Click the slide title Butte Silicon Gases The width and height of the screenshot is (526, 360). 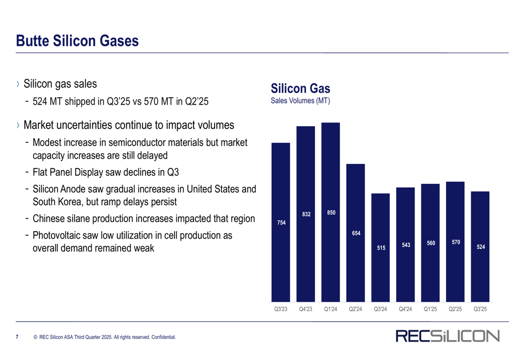77,41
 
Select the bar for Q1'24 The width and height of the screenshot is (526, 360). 330,212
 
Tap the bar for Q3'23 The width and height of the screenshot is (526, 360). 281,222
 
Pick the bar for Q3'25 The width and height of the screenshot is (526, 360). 480,246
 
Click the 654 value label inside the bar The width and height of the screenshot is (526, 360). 356,233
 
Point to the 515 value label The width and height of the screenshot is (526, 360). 381,248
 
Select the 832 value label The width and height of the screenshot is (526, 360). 306,214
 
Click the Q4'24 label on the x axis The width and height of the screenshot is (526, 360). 405,309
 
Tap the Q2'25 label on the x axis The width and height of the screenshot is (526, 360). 455,309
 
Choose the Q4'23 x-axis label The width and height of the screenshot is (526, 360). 306,309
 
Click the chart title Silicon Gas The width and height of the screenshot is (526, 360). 300,88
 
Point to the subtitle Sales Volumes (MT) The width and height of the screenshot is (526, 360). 300,100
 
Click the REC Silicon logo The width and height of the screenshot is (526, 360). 448,336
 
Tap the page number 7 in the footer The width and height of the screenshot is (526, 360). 17,337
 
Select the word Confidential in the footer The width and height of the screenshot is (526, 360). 164,337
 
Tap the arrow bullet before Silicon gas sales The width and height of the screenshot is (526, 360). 18,84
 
